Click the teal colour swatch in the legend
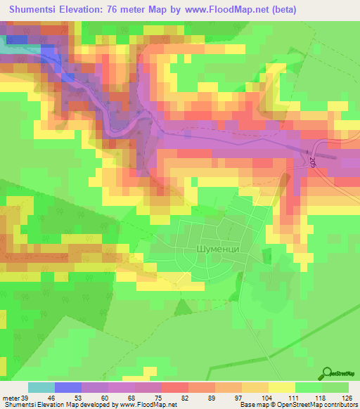point(41,387)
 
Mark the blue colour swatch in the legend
point(68,387)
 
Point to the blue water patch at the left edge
point(14,39)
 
